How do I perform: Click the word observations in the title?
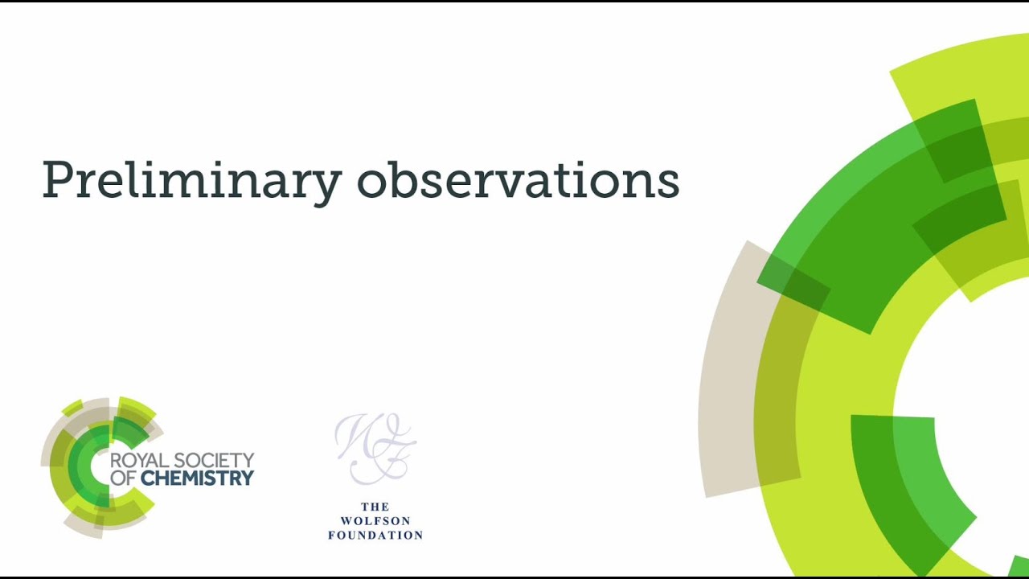coord(519,180)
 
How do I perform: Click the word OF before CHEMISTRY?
coord(123,478)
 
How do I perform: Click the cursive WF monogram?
coord(375,448)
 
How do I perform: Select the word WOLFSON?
coord(375,520)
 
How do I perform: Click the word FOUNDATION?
coord(375,535)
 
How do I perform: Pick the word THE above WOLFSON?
coord(375,507)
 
